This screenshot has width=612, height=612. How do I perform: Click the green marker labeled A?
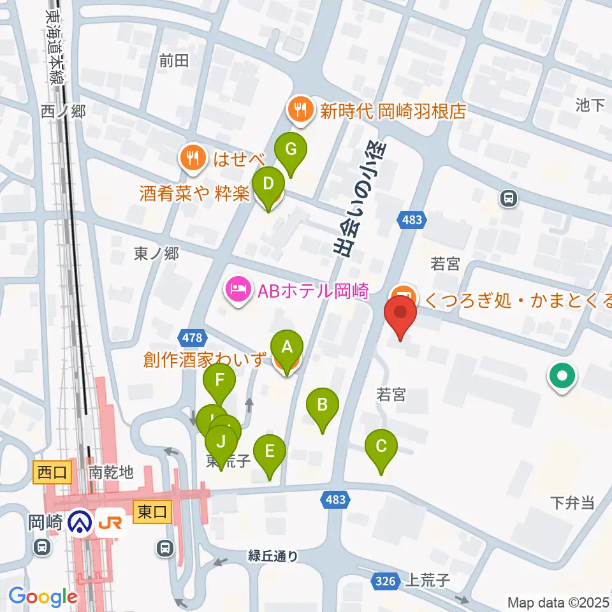point(287,348)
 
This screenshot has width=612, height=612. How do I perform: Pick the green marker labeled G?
point(291,150)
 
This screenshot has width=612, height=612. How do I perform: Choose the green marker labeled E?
point(270,452)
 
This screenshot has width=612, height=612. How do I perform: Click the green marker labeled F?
point(219,382)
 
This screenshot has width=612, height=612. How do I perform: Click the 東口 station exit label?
point(152,511)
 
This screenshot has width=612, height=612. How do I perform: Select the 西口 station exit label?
point(51,472)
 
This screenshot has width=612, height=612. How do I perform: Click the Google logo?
point(43,597)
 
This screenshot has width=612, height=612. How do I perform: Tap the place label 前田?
point(174,61)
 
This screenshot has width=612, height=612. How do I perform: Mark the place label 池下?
point(589,105)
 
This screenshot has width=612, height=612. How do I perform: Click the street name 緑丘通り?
point(273,556)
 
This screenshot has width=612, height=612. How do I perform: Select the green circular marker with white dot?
point(562,376)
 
